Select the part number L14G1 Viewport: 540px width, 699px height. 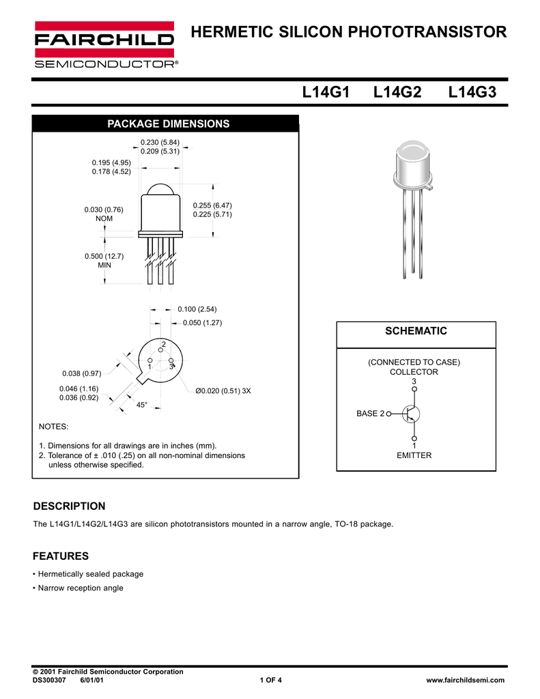325,92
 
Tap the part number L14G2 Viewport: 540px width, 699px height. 397,92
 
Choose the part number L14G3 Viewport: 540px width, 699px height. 472,92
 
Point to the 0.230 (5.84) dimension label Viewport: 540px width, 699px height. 160,142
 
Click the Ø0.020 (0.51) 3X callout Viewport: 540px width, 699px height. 223,391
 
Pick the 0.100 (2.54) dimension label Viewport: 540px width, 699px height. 197,309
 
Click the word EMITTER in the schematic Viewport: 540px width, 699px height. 414,455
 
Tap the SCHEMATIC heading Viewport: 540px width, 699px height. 415,331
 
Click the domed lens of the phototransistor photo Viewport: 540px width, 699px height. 414,151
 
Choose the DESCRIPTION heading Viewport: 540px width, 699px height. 70,506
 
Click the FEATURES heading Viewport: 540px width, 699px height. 61,556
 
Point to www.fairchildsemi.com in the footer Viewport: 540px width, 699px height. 464,680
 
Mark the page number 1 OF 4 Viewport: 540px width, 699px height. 270,680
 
